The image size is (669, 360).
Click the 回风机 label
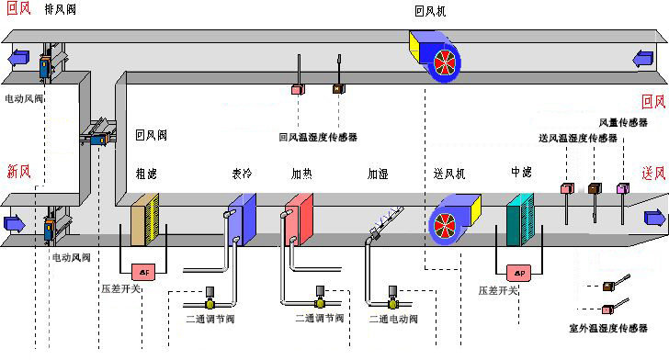433,12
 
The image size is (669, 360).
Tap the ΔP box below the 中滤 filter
519,273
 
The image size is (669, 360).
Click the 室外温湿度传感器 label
609,326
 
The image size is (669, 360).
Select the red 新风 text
19,171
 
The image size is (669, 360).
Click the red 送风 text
653,174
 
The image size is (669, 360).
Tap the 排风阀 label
61,12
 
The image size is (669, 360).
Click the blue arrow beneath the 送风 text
654,218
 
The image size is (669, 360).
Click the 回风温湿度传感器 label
318,137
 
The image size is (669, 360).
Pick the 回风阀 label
151,134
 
